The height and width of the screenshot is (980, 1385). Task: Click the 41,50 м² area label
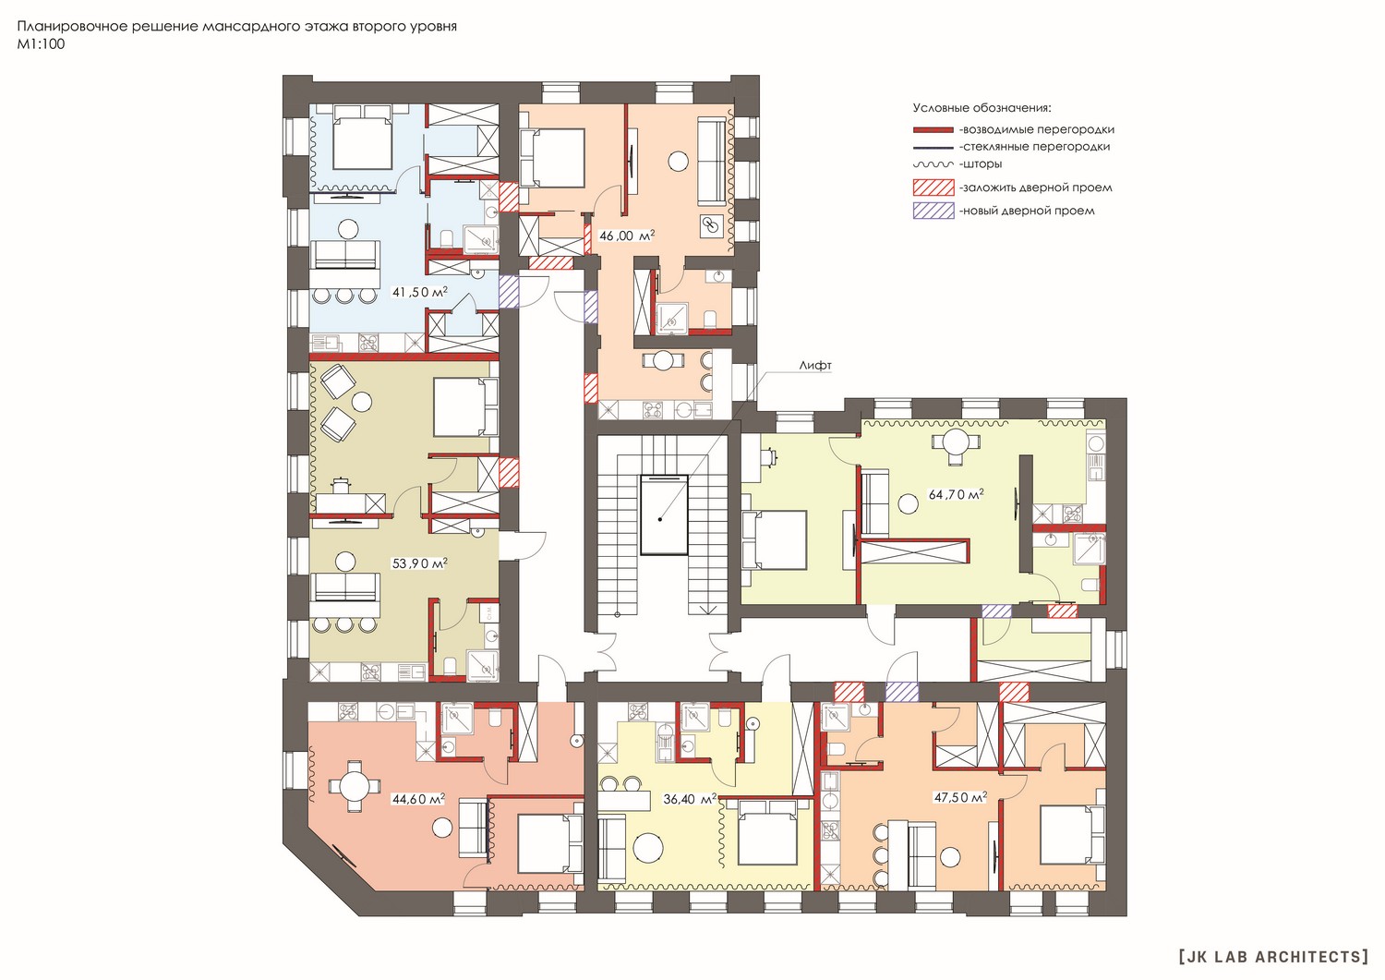[420, 291]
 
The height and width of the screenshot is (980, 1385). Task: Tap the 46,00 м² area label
[627, 236]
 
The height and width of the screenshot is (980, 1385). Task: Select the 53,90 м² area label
[420, 563]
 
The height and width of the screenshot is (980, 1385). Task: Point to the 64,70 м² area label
[957, 494]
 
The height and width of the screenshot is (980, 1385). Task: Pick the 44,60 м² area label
[419, 799]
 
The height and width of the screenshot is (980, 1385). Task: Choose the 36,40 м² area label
[690, 799]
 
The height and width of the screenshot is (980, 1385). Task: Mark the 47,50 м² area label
[960, 797]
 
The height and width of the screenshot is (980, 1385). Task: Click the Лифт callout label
[815, 366]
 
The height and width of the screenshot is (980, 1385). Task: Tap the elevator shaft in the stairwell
[665, 514]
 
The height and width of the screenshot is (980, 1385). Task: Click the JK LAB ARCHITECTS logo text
[1274, 956]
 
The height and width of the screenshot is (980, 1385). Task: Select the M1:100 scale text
[41, 44]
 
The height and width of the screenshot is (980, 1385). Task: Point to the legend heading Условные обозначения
[982, 108]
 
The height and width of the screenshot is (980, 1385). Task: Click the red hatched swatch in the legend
[933, 188]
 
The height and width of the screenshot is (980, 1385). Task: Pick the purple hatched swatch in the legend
[933, 211]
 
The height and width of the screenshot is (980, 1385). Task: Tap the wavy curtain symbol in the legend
[933, 164]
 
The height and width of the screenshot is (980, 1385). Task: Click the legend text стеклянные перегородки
[1036, 147]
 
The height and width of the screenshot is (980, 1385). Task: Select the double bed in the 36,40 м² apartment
[767, 831]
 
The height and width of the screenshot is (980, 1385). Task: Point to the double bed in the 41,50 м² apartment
[363, 138]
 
